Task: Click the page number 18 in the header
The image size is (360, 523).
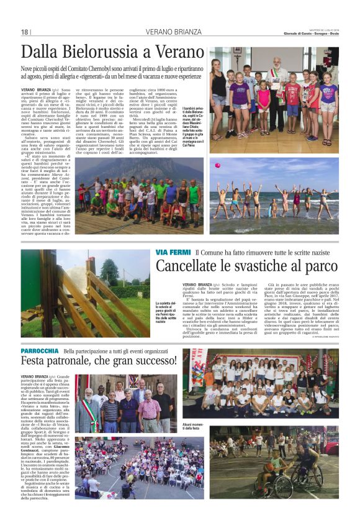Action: (25, 32)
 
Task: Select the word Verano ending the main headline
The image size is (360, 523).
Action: (179, 52)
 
